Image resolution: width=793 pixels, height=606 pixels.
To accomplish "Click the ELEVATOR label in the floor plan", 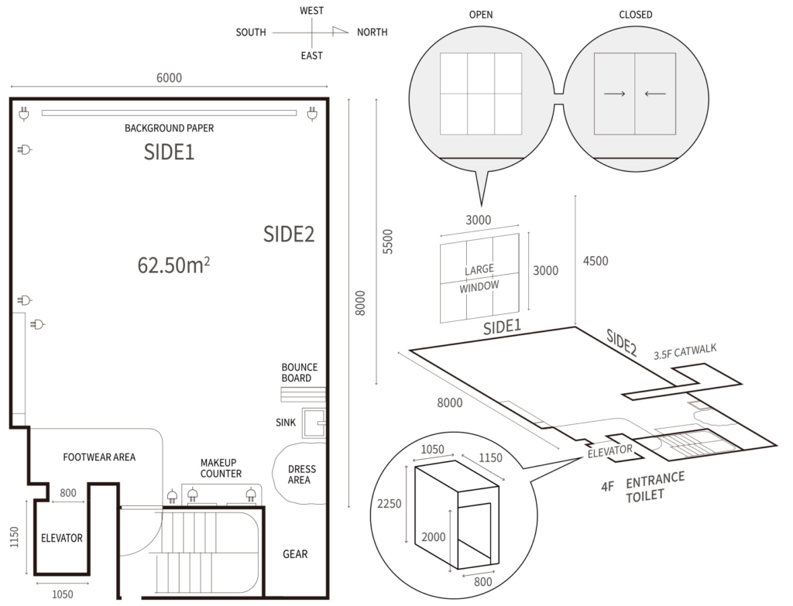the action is coord(62,538).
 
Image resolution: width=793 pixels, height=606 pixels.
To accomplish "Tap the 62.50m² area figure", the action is coord(173,265).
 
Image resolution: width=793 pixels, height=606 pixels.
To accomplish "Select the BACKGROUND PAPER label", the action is coord(169,128).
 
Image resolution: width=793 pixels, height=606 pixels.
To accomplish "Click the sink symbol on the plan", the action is coord(314,423).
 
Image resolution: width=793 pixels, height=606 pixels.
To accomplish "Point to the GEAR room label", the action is coord(295,554).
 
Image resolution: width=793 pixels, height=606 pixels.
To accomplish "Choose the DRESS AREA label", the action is coord(302,474).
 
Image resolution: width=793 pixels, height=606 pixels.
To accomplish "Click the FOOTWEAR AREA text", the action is coord(99,457).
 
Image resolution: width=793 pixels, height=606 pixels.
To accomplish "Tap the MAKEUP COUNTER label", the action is coord(221,468).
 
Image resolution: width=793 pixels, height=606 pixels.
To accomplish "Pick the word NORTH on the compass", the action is coord(372,33).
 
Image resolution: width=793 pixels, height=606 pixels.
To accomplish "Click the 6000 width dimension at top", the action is coord(169,78).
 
